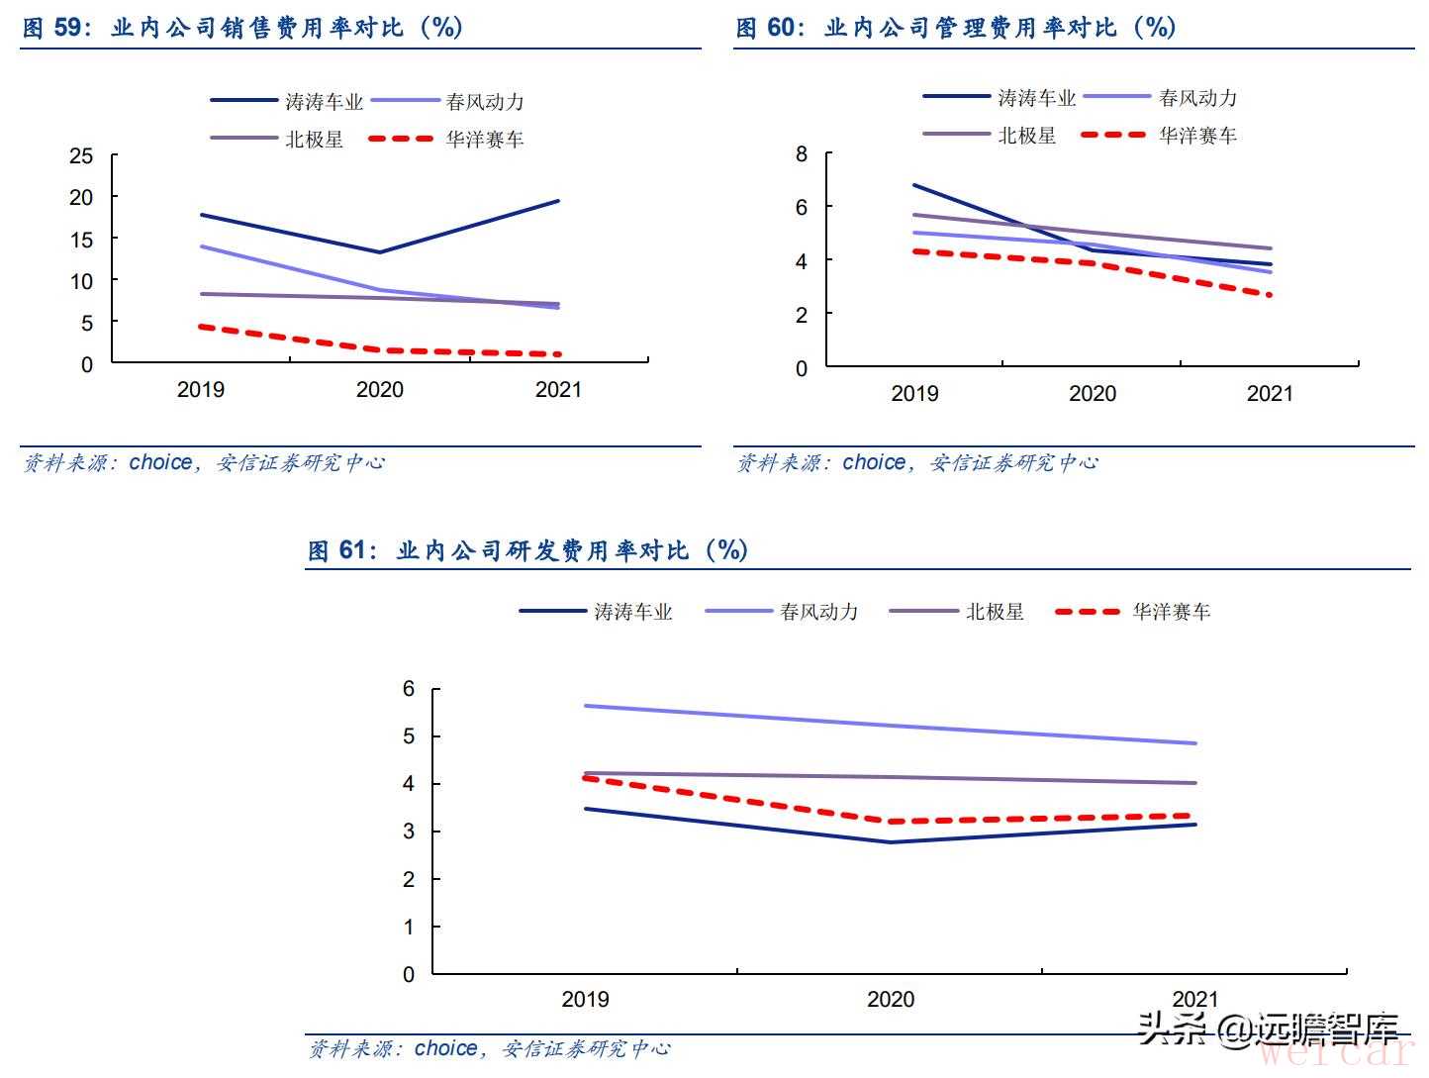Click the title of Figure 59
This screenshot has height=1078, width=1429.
242,28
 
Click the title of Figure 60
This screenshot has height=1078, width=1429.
955,28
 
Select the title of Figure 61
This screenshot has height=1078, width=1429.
527,550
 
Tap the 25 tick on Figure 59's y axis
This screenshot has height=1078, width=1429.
81,156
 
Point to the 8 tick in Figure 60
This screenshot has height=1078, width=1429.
802,154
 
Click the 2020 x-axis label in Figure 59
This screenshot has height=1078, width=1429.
380,390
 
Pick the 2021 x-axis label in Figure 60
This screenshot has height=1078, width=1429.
1270,394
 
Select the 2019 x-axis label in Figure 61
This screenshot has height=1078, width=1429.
585,999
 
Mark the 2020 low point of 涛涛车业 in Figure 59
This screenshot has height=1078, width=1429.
380,252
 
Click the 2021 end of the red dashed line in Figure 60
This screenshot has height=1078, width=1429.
1270,295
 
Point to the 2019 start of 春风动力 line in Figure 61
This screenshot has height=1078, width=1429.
586,706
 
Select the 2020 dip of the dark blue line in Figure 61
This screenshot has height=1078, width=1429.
891,842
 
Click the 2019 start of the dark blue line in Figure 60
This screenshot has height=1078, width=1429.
914,185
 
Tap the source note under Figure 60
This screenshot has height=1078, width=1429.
916,463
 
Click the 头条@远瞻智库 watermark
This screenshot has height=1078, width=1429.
1269,1030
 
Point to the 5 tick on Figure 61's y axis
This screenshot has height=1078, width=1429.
409,736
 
